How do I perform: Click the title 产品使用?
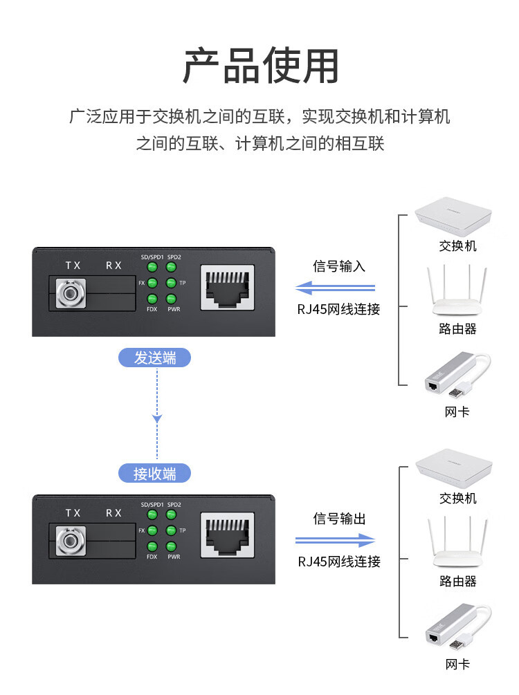(x=261, y=66)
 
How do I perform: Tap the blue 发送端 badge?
(x=154, y=358)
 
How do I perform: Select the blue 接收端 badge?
(x=154, y=474)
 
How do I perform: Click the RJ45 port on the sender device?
(x=228, y=287)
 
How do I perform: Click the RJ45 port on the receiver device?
(x=228, y=535)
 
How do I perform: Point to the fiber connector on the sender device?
(x=71, y=293)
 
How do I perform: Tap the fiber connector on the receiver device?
(x=71, y=541)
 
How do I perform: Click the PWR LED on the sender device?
(x=171, y=299)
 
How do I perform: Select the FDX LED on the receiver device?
(x=152, y=547)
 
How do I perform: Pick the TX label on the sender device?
(x=73, y=266)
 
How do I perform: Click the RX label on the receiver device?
(x=113, y=513)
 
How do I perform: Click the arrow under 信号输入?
(x=336, y=288)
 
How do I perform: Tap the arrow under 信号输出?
(x=336, y=540)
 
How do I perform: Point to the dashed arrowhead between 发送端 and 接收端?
(x=157, y=418)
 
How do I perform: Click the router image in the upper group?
(x=457, y=290)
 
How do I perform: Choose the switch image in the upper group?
(x=453, y=216)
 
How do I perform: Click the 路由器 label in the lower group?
(x=458, y=581)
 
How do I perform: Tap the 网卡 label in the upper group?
(x=457, y=411)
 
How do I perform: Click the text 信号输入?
(x=339, y=266)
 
